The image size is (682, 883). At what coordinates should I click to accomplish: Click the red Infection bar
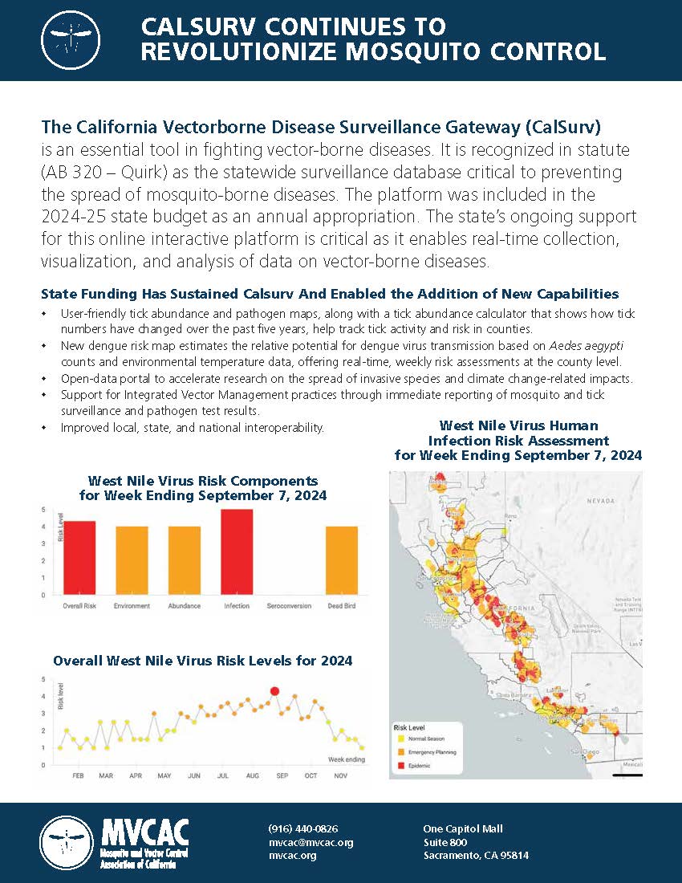click(x=237, y=552)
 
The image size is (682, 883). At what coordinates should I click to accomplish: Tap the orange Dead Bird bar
click(x=342, y=560)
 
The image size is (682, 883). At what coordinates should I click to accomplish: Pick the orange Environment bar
click(x=132, y=560)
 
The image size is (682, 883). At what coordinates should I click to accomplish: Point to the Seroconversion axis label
click(x=289, y=606)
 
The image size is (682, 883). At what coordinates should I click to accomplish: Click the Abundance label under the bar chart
click(x=185, y=606)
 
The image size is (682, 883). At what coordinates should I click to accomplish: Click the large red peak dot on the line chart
click(x=275, y=690)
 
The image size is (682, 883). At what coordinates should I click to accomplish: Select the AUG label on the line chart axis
click(x=253, y=776)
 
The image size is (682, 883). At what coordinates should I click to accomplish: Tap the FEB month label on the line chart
click(x=79, y=776)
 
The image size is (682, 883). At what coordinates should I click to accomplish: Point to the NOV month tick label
click(x=340, y=776)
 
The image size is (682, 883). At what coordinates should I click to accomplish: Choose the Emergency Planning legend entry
click(x=431, y=752)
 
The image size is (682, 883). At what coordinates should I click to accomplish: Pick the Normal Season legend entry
click(x=426, y=739)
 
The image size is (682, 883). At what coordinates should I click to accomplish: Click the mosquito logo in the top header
click(x=73, y=40)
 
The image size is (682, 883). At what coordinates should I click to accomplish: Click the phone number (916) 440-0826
click(x=302, y=828)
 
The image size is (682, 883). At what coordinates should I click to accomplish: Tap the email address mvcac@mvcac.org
click(x=311, y=842)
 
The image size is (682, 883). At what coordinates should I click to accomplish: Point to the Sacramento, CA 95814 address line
click(x=476, y=856)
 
